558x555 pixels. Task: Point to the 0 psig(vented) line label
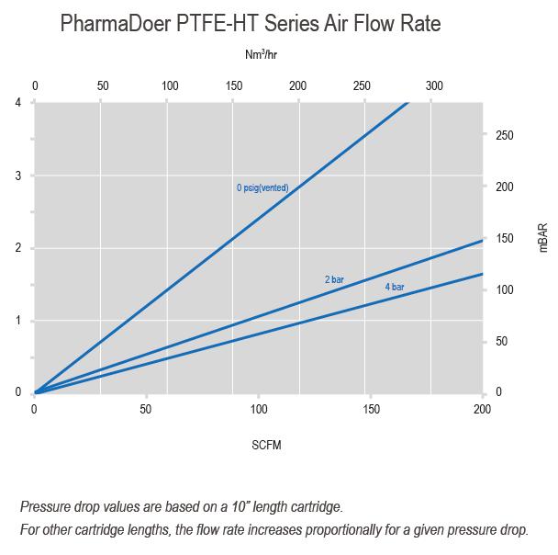click(x=262, y=188)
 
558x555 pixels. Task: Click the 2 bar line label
click(x=333, y=278)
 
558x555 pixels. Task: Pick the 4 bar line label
click(x=395, y=288)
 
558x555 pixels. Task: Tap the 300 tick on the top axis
click(x=435, y=86)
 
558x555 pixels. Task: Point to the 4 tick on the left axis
click(x=18, y=102)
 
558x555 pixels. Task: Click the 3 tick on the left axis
click(x=18, y=176)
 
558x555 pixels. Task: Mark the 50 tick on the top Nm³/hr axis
click(x=103, y=86)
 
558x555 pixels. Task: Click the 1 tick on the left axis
click(x=18, y=321)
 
